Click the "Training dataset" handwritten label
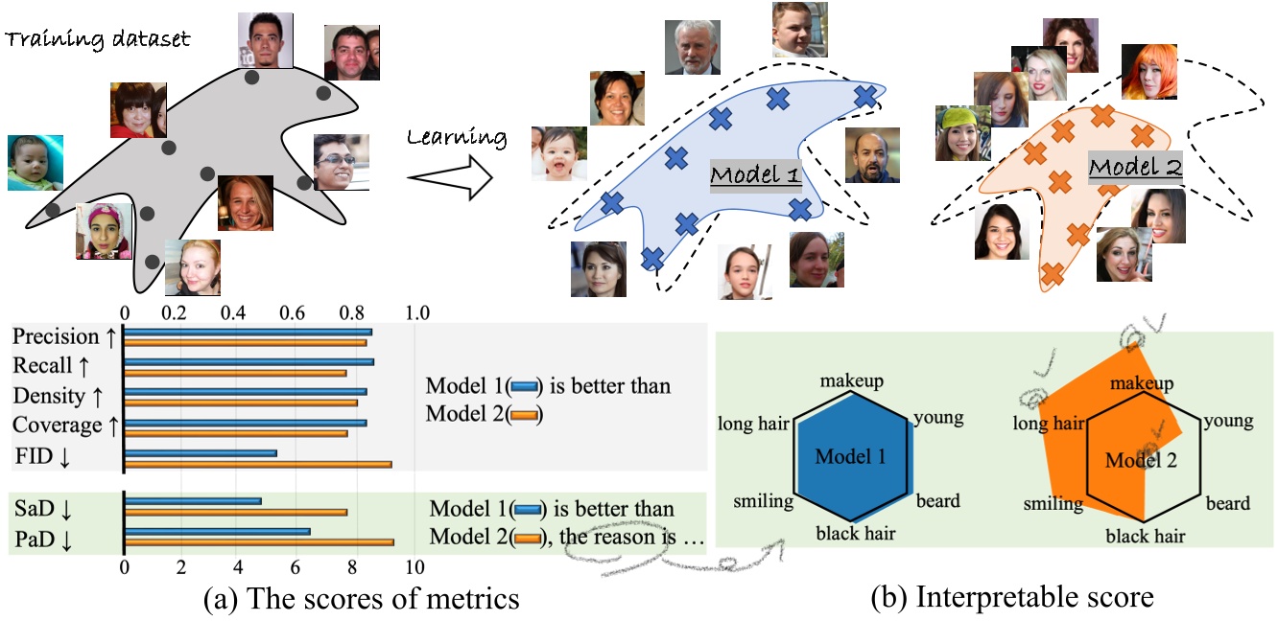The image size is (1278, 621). pyautogui.click(x=95, y=40)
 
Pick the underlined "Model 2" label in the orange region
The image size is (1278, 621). pyautogui.click(x=1135, y=168)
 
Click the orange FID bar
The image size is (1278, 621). pyautogui.click(x=257, y=465)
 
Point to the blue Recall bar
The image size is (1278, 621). pyautogui.click(x=248, y=361)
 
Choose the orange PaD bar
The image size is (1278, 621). pyautogui.click(x=258, y=542)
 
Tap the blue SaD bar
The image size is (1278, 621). pyautogui.click(x=193, y=500)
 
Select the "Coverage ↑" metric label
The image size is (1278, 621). pyautogui.click(x=57, y=425)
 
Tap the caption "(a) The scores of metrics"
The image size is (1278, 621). pyautogui.click(x=362, y=600)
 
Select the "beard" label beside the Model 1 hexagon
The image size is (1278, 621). pyautogui.click(x=937, y=500)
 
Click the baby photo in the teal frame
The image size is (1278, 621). pyautogui.click(x=35, y=162)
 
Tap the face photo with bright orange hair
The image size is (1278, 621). pyautogui.click(x=1148, y=71)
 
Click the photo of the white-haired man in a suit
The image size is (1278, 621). pyautogui.click(x=692, y=47)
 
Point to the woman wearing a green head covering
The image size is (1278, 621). pyautogui.click(x=963, y=132)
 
